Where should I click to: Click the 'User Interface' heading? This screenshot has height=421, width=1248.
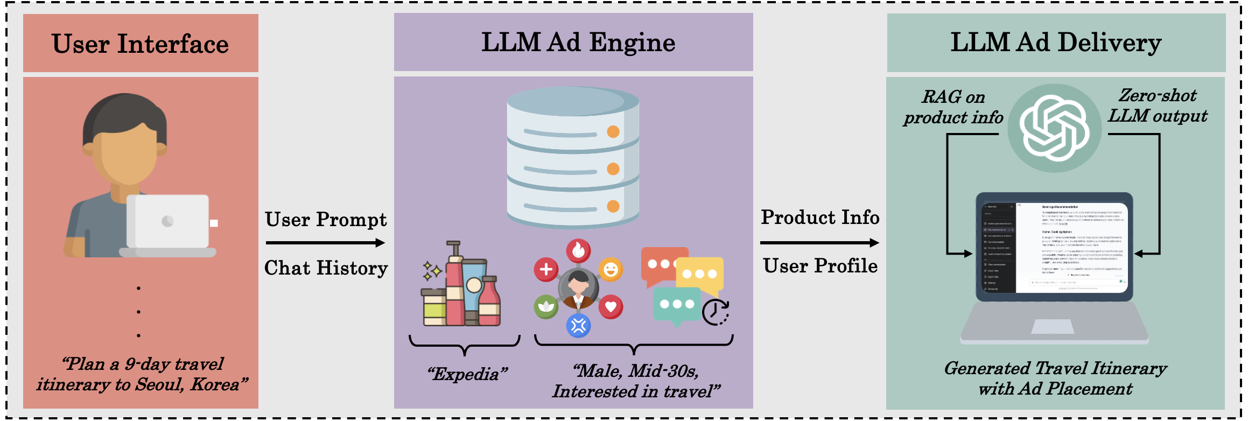(140, 44)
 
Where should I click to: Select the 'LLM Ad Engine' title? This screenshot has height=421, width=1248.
(578, 43)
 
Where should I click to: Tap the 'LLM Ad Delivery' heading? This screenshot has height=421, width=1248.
(1056, 43)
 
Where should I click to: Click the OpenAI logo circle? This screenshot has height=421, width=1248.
(1054, 128)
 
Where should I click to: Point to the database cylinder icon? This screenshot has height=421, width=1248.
(573, 158)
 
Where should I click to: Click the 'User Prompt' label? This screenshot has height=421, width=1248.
(326, 220)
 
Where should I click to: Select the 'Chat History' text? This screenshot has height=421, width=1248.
(326, 268)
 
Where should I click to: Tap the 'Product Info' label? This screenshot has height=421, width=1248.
(819, 217)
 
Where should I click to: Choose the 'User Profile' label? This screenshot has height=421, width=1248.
(819, 266)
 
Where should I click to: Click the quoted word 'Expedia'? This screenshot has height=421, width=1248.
(467, 374)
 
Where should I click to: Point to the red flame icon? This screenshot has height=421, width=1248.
(578, 250)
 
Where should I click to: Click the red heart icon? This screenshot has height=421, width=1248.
(611, 307)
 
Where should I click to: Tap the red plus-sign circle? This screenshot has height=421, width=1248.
(546, 269)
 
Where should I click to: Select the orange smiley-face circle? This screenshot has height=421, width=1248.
(611, 269)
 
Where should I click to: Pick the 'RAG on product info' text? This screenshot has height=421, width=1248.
(953, 107)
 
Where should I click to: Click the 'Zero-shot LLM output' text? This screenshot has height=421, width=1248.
(1158, 106)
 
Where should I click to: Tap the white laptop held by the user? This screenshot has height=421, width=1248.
(168, 222)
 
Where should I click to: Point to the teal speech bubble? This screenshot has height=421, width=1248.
(677, 305)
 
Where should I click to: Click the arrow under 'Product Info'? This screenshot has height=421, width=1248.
(819, 243)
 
